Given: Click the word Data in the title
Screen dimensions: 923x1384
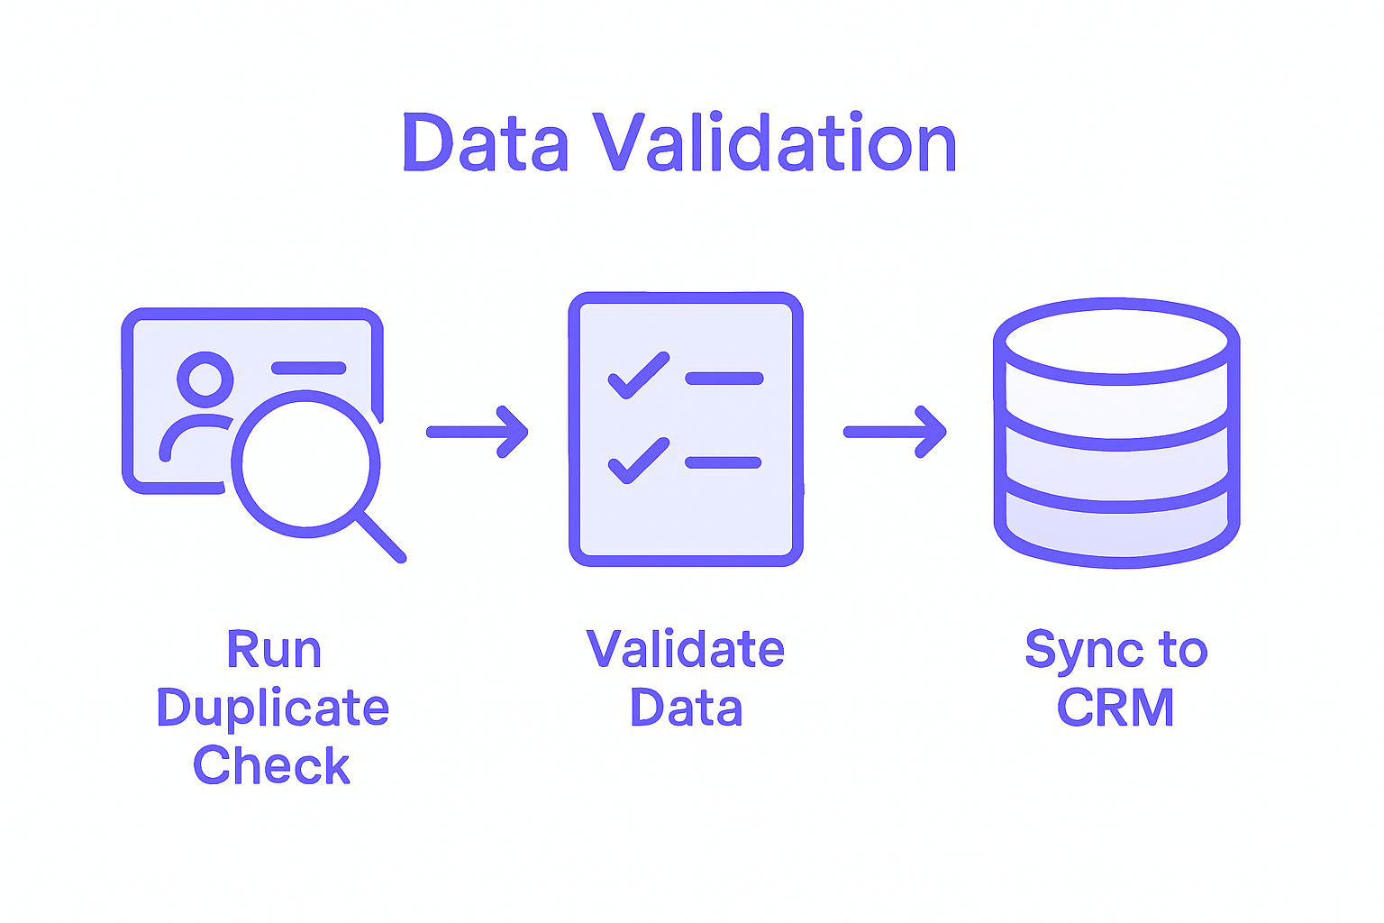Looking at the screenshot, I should (x=485, y=144).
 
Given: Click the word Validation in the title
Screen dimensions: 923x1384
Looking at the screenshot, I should (x=775, y=144).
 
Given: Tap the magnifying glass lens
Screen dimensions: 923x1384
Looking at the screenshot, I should (x=305, y=463).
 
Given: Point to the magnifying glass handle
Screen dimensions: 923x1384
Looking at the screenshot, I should (x=381, y=537).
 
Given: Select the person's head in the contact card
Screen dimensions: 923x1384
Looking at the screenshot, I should (x=205, y=379).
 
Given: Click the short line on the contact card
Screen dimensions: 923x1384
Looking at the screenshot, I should (x=308, y=368).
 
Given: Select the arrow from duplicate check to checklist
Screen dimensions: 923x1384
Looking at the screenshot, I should (x=477, y=432).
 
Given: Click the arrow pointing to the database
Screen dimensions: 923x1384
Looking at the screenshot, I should (x=895, y=432).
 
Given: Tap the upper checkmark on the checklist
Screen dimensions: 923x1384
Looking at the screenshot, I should (x=638, y=375).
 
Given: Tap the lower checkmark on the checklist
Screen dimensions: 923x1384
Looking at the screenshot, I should (x=638, y=461).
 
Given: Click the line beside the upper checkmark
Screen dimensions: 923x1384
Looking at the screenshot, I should (x=724, y=379).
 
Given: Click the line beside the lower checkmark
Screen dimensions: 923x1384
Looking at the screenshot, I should (x=724, y=462).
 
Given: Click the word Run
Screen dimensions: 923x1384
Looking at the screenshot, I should (x=274, y=650).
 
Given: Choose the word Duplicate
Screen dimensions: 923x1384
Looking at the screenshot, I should (x=272, y=708).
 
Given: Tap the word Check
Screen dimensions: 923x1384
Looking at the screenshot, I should (x=271, y=766).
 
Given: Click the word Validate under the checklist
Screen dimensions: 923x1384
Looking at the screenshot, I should (x=685, y=650).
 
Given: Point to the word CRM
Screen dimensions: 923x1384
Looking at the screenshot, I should (x=1115, y=708).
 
